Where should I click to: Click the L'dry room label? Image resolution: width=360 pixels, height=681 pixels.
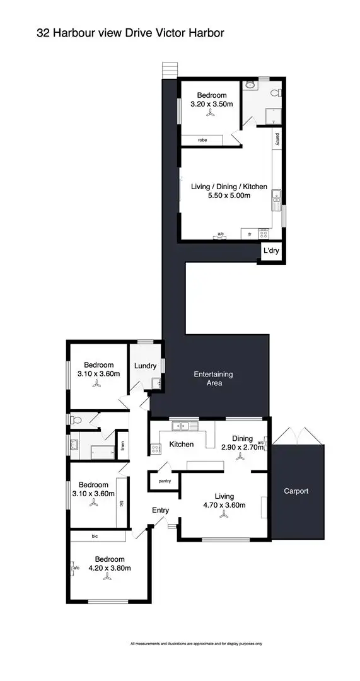(x=271, y=251)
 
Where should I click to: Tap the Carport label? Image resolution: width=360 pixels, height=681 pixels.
(x=296, y=491)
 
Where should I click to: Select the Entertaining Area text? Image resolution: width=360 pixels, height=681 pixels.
(x=212, y=378)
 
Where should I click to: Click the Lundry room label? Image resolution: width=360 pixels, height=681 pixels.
(x=145, y=366)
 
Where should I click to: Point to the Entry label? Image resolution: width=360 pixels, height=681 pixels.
(x=160, y=510)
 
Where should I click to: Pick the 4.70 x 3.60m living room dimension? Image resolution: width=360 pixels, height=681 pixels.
(x=223, y=505)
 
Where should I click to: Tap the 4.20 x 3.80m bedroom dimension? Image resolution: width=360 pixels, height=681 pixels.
(x=109, y=568)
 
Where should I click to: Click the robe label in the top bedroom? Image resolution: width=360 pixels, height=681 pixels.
(x=202, y=140)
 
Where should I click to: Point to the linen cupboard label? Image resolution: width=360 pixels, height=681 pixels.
(x=123, y=446)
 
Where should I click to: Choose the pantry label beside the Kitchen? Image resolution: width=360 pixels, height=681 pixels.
(x=165, y=481)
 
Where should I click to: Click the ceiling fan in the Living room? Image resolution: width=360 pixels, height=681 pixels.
(x=223, y=516)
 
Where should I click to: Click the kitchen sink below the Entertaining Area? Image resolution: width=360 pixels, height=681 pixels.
(x=187, y=426)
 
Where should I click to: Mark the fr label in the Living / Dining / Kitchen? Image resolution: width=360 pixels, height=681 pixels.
(x=250, y=234)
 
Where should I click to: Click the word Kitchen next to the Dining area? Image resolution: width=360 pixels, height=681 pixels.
(x=182, y=445)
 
